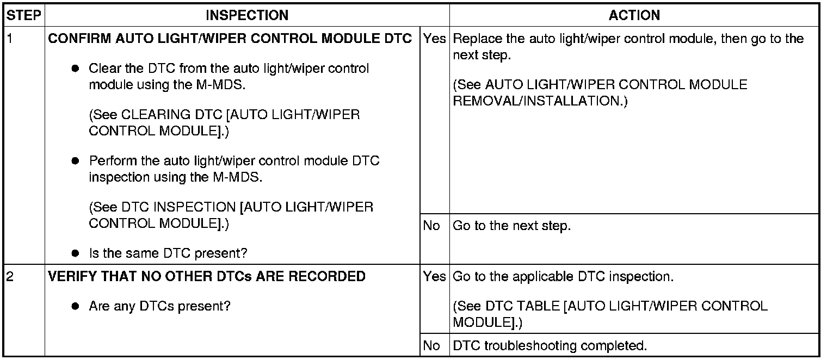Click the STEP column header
(23, 15)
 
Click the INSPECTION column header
(247, 15)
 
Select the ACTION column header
(634, 15)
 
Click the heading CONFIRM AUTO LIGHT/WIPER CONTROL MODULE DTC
(230, 40)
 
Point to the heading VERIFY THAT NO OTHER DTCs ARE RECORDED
(207, 276)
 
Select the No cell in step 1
(431, 226)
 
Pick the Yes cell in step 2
(434, 277)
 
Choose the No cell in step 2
(431, 345)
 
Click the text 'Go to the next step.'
(511, 226)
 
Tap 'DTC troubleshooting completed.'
(550, 345)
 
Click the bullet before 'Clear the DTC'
(76, 69)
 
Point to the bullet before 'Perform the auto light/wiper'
(76, 162)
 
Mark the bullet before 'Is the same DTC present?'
(76, 253)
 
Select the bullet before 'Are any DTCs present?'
(76, 306)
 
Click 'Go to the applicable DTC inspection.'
(563, 277)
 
